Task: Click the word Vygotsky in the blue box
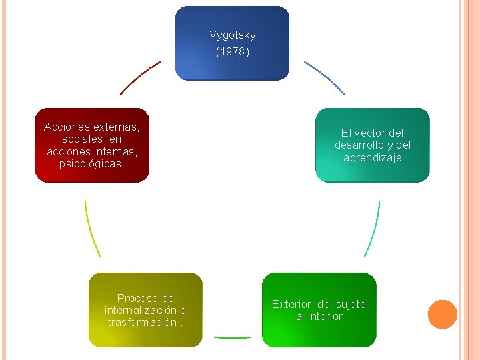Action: [x=232, y=35]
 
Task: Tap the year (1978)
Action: [x=232, y=51]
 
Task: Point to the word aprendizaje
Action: [x=372, y=157]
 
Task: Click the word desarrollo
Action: [x=358, y=145]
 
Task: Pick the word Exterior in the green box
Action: [x=291, y=304]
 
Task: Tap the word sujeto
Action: [x=351, y=304]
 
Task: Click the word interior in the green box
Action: [x=325, y=316]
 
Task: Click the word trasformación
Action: [x=141, y=322]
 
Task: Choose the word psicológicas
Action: [x=91, y=163]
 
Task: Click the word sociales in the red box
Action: [x=81, y=138]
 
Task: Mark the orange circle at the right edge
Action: [x=442, y=315]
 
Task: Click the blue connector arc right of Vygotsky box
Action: [x=325, y=77]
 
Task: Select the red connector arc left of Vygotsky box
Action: [x=140, y=78]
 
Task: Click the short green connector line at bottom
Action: [x=232, y=337]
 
